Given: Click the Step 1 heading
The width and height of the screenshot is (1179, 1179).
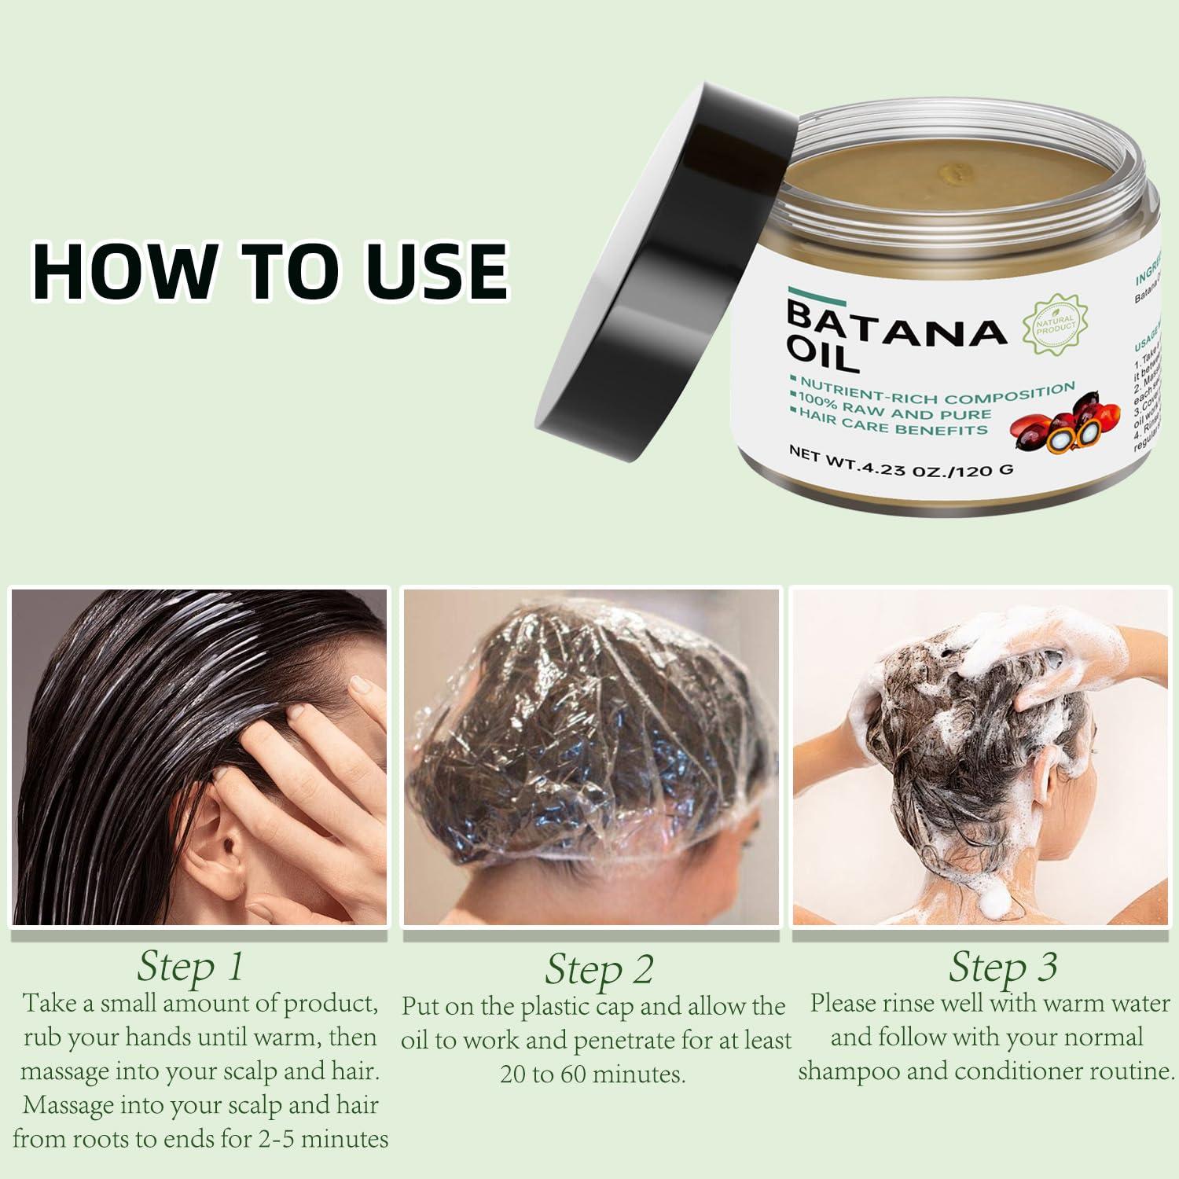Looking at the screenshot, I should tap(190, 966).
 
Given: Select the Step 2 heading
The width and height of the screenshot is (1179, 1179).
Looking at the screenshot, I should tap(599, 969).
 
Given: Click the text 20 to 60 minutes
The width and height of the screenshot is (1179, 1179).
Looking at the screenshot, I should tap(593, 1074).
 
